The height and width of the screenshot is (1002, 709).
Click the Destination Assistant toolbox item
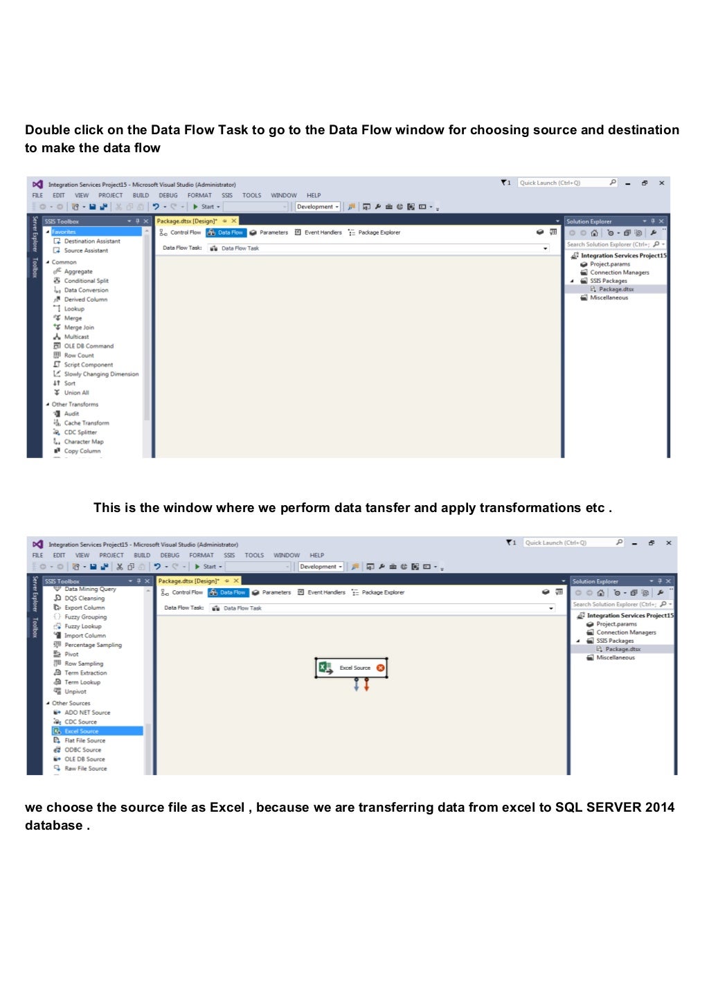[x=91, y=242]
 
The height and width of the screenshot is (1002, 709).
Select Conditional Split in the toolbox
[x=86, y=281]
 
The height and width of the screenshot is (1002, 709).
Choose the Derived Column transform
[x=85, y=300]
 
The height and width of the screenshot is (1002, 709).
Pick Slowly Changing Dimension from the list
[x=101, y=374]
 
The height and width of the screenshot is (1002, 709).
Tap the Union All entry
[x=76, y=393]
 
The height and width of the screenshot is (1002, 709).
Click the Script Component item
[x=88, y=365]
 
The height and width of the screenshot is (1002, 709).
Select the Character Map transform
[x=83, y=441]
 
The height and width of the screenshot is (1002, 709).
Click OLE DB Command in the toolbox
[x=89, y=346]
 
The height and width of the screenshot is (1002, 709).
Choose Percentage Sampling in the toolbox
[x=93, y=645]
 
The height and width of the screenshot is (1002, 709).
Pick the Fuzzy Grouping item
[x=85, y=617]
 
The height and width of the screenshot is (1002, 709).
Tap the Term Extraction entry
[x=85, y=673]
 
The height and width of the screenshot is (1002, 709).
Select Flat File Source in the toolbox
[x=84, y=740]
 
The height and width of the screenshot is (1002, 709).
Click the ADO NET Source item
[x=87, y=713]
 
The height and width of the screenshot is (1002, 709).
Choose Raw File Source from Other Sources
[x=85, y=769]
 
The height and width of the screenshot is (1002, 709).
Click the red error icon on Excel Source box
[x=380, y=668]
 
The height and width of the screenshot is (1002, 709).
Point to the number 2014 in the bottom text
[x=659, y=808]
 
